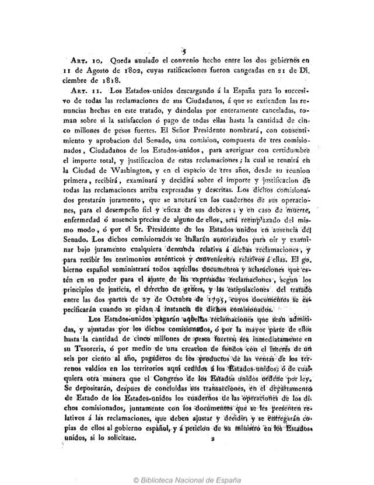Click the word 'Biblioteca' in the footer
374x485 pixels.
(161, 476)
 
